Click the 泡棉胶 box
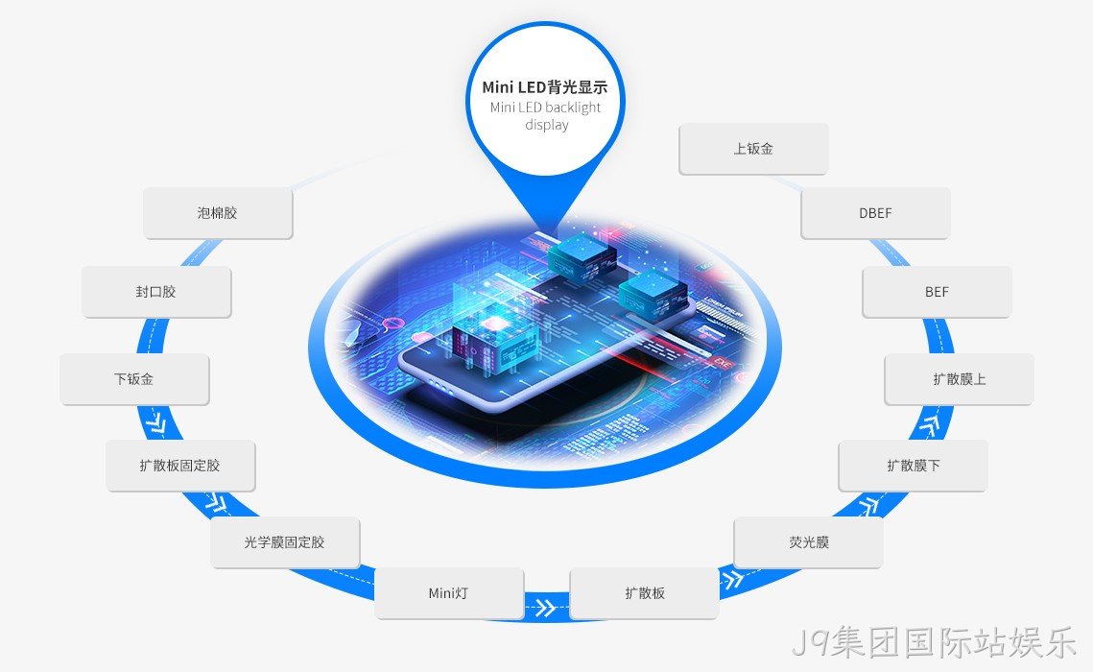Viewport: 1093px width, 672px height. tap(218, 212)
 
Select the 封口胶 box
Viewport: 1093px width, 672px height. tap(156, 292)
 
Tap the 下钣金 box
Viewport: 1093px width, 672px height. tap(133, 378)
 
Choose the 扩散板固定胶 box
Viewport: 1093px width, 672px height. tap(180, 465)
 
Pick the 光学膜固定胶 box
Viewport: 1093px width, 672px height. tap(285, 542)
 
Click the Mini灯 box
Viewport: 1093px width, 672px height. tap(449, 593)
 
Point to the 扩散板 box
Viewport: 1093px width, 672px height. tap(644, 593)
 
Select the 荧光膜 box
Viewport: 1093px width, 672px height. tap(809, 542)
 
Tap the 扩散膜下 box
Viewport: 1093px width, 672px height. tap(914, 465)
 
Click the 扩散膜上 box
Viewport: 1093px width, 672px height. tap(960, 378)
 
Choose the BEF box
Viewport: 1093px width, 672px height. tap(937, 292)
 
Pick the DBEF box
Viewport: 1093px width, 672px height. tap(875, 212)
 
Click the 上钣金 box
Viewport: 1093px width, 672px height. tap(753, 149)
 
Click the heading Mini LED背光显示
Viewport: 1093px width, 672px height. tap(545, 87)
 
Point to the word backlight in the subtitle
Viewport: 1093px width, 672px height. tap(565, 108)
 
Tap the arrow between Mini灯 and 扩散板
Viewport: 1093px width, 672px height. tap(545, 608)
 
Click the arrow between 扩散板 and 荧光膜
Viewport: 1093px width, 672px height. tap(731, 579)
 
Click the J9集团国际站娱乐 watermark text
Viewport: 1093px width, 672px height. tap(935, 642)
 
